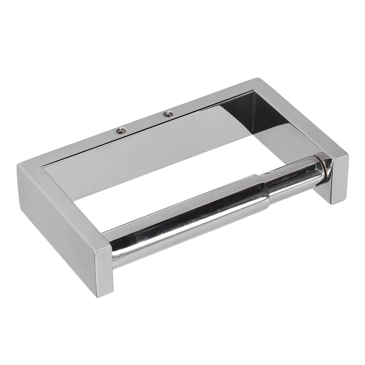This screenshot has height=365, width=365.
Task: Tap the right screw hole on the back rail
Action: (167, 114)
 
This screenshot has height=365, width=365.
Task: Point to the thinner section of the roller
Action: (292, 178)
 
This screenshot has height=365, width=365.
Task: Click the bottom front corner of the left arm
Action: (97, 296)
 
